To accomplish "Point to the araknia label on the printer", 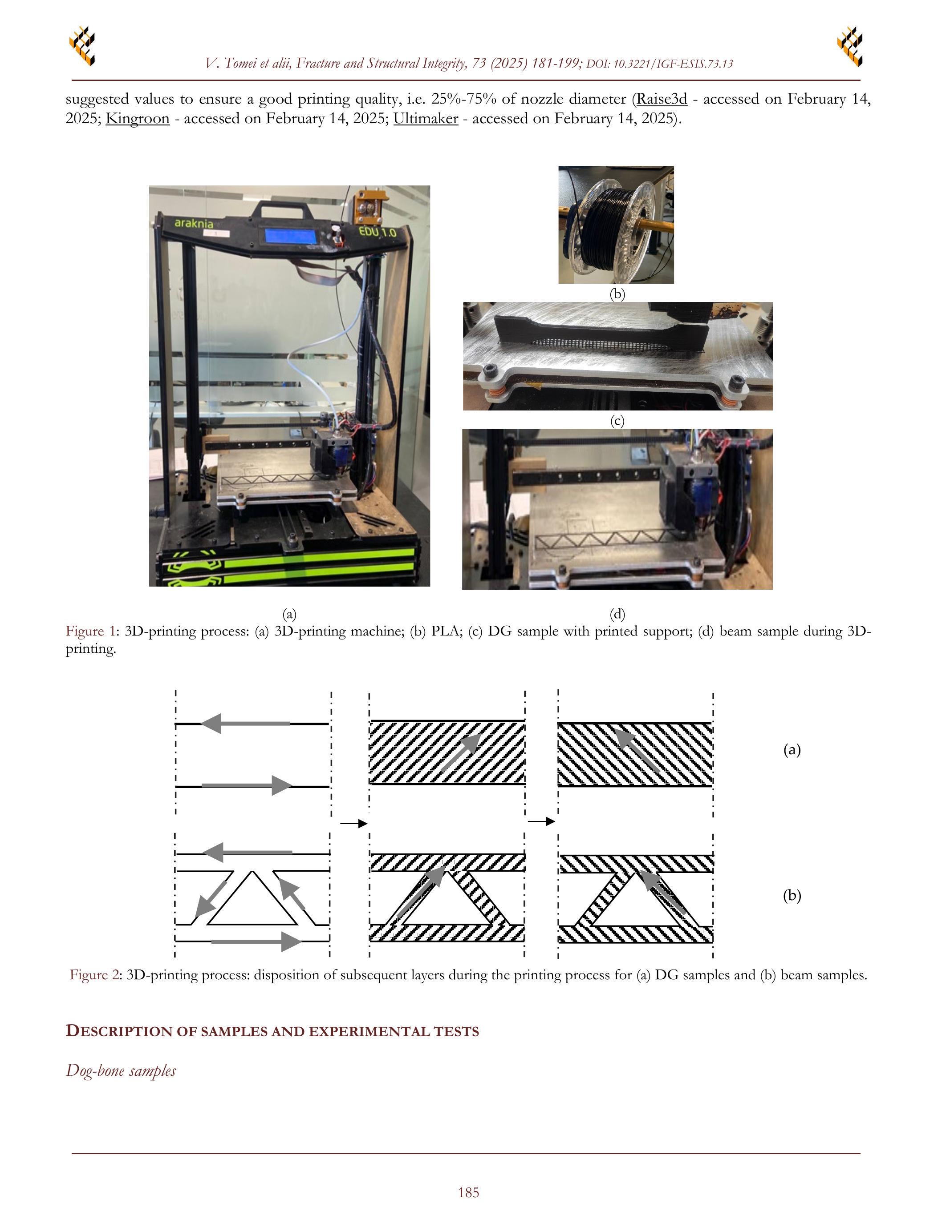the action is pyautogui.click(x=194, y=223).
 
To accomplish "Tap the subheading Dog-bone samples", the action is pyautogui.click(x=121, y=1071).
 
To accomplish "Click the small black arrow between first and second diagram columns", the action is pyautogui.click(x=353, y=824).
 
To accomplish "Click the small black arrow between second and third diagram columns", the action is pyautogui.click(x=541, y=821).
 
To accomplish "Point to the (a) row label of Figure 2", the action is pyautogui.click(x=792, y=750).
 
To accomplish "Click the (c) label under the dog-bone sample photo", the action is pyautogui.click(x=617, y=421).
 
